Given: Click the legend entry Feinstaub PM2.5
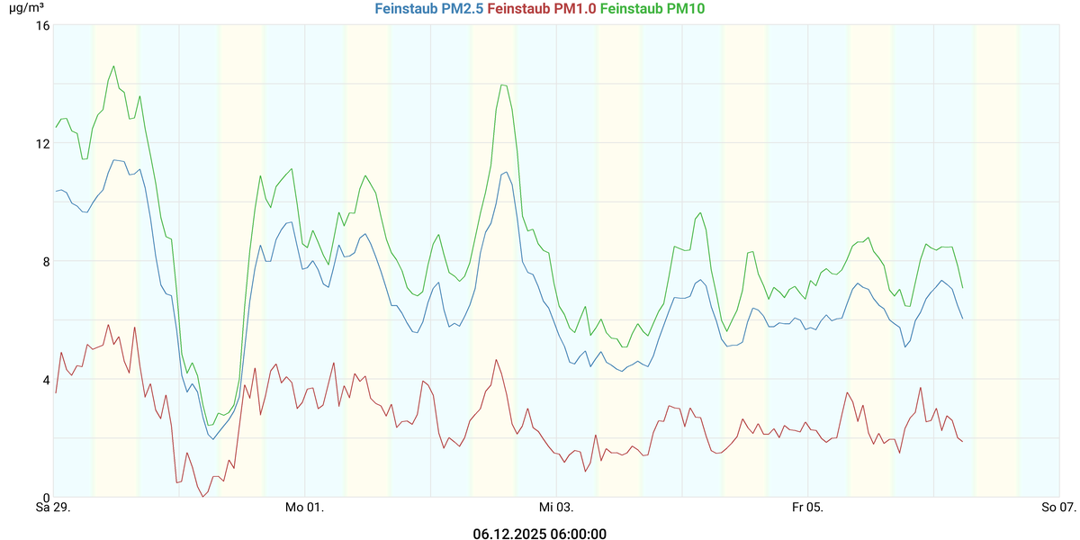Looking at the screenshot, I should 428,8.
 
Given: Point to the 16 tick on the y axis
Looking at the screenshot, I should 43,25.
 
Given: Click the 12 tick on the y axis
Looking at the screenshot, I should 43,143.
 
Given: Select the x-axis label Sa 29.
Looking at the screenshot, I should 53,508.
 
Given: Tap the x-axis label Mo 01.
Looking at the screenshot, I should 304,508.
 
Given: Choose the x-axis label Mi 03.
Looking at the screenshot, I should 555,508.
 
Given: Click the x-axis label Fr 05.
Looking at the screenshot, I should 807,508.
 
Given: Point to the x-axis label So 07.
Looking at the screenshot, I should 1058,508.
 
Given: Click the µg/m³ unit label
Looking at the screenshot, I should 27,8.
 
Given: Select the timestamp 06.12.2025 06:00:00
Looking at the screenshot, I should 540,534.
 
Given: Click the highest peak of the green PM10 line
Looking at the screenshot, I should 113,66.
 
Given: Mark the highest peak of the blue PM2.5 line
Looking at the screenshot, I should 506,172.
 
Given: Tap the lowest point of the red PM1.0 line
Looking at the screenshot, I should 203,496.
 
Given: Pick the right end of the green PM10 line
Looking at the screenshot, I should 962,288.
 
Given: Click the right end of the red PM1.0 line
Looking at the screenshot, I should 962,441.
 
